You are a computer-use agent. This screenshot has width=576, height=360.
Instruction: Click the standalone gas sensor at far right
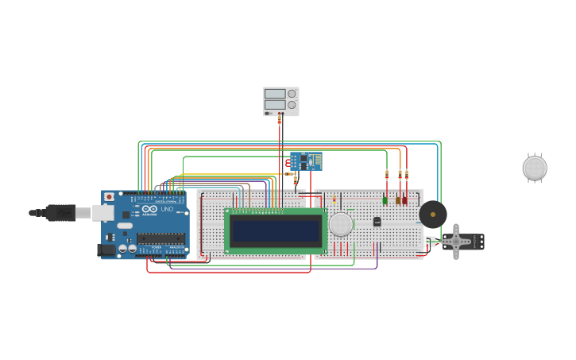click(535, 168)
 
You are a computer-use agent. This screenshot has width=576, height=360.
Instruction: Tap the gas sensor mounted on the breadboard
click(341, 224)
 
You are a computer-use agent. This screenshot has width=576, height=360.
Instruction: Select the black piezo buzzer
click(433, 214)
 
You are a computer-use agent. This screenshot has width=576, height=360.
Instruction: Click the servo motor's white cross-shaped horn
click(456, 241)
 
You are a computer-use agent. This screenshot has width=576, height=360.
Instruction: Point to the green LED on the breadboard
click(385, 200)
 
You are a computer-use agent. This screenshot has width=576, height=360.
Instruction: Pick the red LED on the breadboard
click(405, 200)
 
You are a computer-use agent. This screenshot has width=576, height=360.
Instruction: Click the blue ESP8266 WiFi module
click(306, 161)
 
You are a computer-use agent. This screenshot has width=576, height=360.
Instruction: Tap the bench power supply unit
click(281, 101)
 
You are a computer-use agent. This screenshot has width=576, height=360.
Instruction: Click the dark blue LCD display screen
click(276, 230)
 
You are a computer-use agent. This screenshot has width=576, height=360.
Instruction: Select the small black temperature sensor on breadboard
click(377, 222)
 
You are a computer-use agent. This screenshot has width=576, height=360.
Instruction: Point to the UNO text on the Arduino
click(167, 210)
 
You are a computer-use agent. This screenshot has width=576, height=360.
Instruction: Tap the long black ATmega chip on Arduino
click(161, 238)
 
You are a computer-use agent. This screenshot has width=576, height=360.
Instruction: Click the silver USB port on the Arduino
click(103, 212)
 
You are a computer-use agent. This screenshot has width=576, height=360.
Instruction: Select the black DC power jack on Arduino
click(105, 250)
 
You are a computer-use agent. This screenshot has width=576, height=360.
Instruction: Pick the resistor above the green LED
click(387, 176)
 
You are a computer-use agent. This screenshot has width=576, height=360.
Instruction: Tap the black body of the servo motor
click(474, 241)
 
